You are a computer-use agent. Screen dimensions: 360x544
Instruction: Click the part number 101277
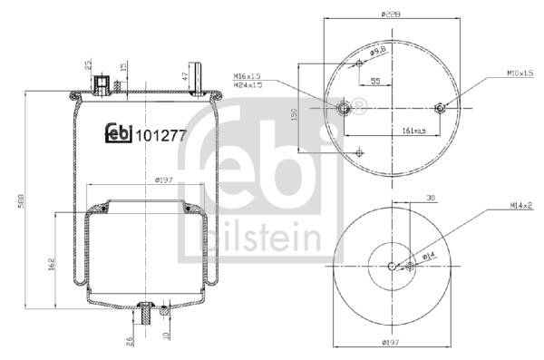(x=162, y=136)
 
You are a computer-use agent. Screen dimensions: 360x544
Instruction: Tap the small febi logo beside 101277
(x=118, y=132)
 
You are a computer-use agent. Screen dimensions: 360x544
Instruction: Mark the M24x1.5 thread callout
(x=248, y=86)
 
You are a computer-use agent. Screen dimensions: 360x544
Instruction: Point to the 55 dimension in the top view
(x=374, y=83)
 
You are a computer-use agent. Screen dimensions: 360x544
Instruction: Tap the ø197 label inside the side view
(x=164, y=180)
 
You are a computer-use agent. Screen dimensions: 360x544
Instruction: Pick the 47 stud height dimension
(x=186, y=76)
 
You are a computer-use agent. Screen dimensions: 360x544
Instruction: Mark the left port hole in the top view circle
(x=345, y=109)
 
